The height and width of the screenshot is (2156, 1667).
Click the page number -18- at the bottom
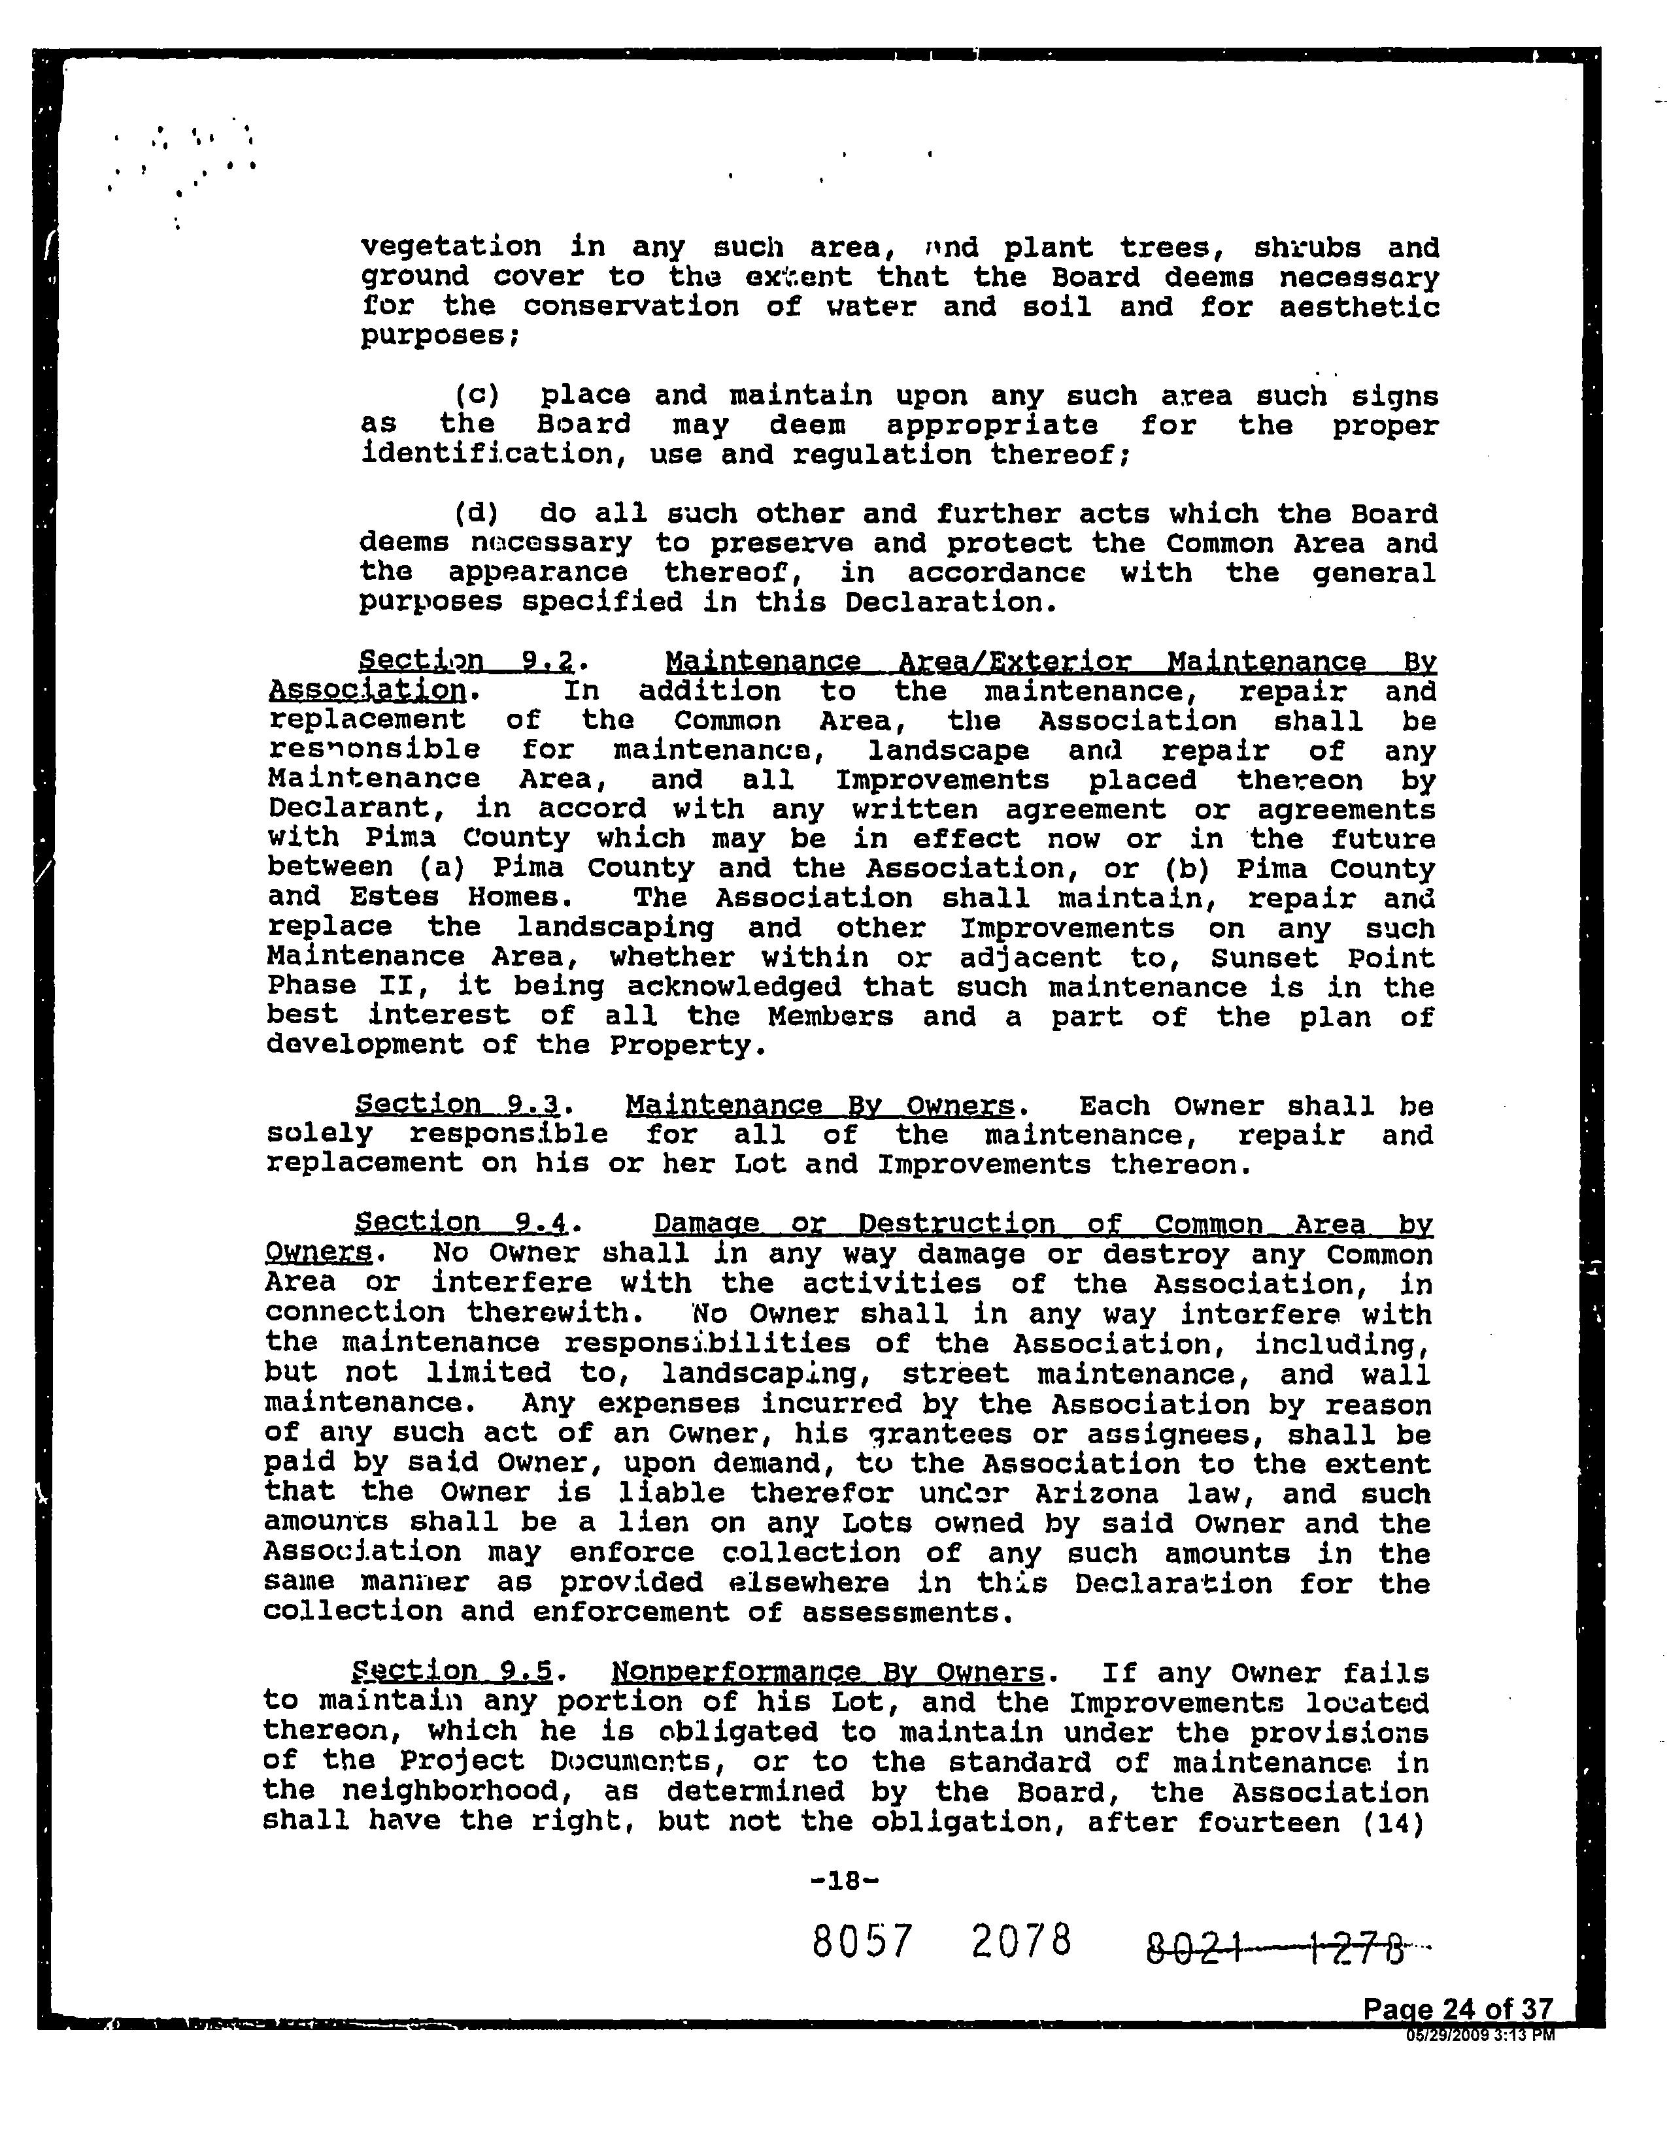843,1880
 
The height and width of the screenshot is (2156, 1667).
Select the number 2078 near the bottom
1021,1941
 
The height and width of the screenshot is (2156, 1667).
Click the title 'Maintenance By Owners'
820,1105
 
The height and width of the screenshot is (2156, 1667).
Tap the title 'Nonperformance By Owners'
828,1673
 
